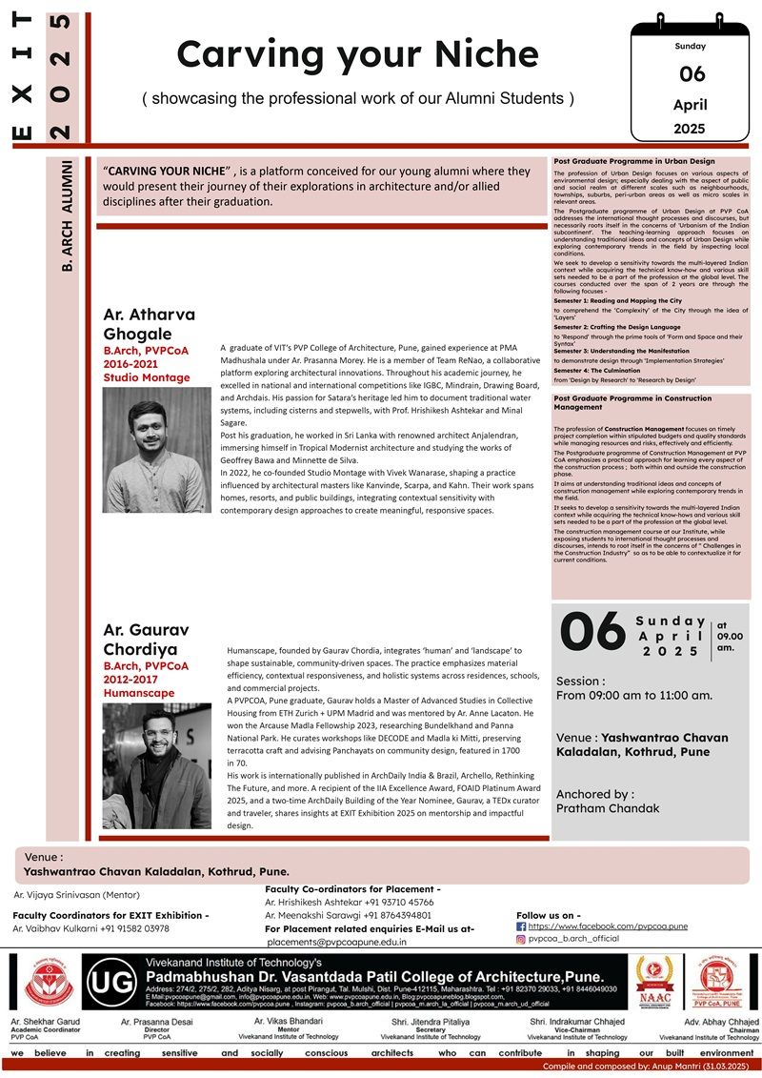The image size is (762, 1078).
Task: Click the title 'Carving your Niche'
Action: pyautogui.click(x=357, y=54)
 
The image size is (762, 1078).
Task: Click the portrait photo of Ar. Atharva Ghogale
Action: pyautogui.click(x=157, y=449)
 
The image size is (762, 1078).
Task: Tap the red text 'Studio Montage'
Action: pyautogui.click(x=147, y=378)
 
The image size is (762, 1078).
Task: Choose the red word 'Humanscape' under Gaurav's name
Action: pyautogui.click(x=139, y=693)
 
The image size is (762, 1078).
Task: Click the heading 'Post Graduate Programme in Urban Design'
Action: pyautogui.click(x=633, y=161)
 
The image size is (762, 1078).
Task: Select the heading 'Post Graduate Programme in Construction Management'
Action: pyautogui.click(x=632, y=402)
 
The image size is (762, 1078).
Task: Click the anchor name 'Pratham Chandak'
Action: pyautogui.click(x=608, y=808)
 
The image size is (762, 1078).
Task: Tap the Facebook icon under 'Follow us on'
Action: pyautogui.click(x=521, y=925)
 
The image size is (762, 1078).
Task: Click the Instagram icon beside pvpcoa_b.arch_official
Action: pyautogui.click(x=521, y=939)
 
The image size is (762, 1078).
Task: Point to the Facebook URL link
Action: pyautogui.click(x=595, y=925)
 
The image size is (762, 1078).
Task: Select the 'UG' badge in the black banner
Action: pyautogui.click(x=112, y=982)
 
